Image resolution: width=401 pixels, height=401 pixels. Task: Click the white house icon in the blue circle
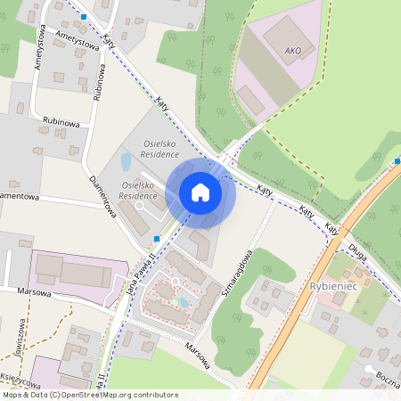pyautogui.click(x=200, y=192)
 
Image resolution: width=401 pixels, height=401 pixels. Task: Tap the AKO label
pyautogui.click(x=292, y=51)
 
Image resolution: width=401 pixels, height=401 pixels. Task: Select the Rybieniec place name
pyautogui.click(x=334, y=285)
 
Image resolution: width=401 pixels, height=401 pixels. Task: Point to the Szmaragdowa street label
pyautogui.click(x=252, y=271)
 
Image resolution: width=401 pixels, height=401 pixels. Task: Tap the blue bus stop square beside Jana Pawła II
pyautogui.click(x=157, y=239)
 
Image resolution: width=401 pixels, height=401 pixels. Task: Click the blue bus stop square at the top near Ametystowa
pyautogui.click(x=84, y=17)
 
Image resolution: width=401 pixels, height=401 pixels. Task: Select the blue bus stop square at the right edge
pyautogui.click(x=397, y=161)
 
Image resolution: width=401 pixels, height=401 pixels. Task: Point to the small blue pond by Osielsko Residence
pyautogui.click(x=126, y=161)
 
